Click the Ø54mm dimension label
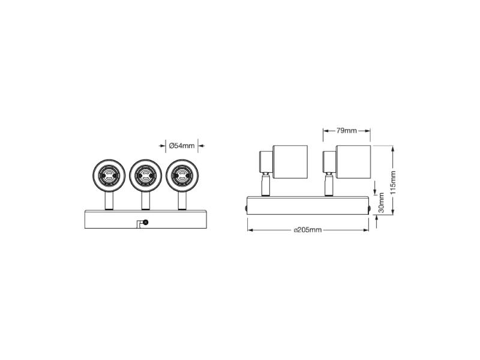click(182, 146)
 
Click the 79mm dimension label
click(347, 131)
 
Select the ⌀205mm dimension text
click(308, 230)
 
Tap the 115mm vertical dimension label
click(394, 182)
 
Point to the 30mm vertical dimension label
click(382, 203)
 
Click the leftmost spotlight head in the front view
click(109, 175)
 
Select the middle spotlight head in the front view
click(145, 175)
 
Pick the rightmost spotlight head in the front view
click(182, 175)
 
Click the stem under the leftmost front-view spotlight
click(109, 201)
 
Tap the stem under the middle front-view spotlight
click(146, 201)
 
